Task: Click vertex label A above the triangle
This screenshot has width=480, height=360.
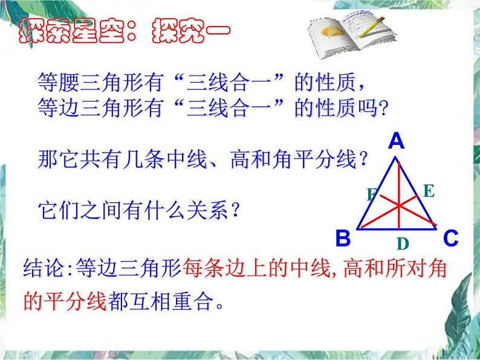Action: tap(396, 141)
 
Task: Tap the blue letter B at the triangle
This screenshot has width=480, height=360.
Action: tap(343, 238)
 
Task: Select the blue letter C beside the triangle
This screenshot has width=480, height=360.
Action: tap(451, 238)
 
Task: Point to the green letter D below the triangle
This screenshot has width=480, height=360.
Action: tap(403, 244)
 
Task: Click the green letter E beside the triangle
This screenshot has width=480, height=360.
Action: tap(429, 191)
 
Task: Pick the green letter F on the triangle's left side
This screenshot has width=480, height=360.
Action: tap(371, 194)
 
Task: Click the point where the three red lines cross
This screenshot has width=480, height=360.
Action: tap(399, 206)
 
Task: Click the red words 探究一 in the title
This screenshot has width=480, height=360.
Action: tap(190, 31)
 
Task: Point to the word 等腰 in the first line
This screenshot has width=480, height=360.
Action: tap(58, 82)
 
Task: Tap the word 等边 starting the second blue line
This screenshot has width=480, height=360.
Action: tap(58, 108)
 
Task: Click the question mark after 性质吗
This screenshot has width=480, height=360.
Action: tap(383, 108)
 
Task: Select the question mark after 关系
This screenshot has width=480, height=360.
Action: tap(235, 210)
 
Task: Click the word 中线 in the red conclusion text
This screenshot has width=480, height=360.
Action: tap(310, 268)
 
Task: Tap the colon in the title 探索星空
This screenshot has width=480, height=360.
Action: tap(131, 31)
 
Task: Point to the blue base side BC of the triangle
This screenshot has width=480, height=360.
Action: tap(397, 229)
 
